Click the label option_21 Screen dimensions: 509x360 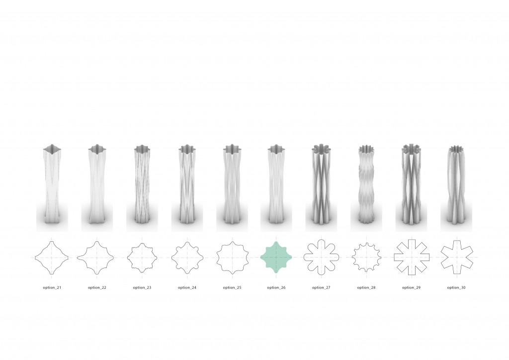click(x=52, y=287)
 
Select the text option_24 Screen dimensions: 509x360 click(x=187, y=287)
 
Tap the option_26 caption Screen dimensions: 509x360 click(x=276, y=287)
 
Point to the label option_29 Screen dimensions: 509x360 click(x=411, y=287)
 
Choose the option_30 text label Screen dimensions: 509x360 click(x=456, y=287)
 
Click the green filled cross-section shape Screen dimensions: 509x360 click(x=276, y=258)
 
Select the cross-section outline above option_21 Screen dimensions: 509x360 click(x=35, y=258)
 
